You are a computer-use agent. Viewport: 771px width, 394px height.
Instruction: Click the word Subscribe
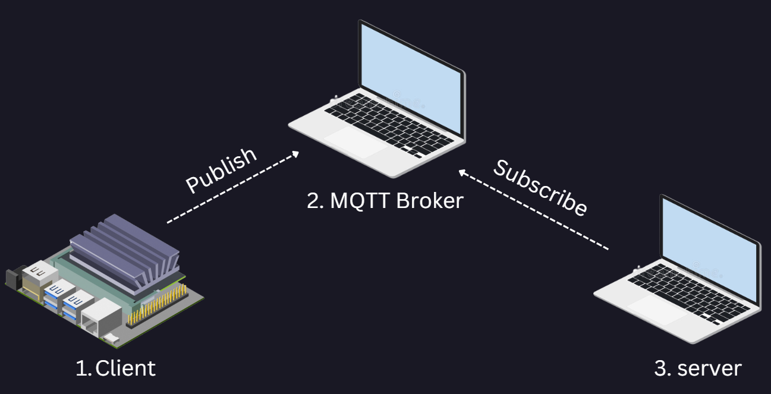[540, 187]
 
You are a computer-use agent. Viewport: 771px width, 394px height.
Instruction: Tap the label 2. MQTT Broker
[385, 200]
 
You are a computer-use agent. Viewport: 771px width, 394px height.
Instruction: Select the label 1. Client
[116, 368]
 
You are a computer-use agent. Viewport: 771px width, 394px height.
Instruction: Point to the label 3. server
[697, 368]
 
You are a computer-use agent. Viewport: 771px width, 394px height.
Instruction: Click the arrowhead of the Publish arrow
[295, 154]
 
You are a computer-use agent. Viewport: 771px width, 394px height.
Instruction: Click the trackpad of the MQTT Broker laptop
[351, 143]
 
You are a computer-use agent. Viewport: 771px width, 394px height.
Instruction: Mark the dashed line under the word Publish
[232, 188]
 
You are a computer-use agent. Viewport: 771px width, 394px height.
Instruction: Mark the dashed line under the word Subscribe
[535, 211]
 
